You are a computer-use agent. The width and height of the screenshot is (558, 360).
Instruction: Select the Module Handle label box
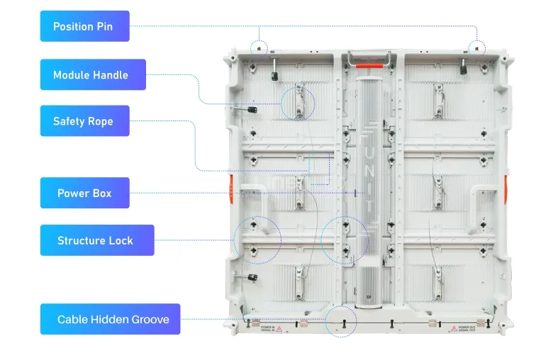pos(92,74)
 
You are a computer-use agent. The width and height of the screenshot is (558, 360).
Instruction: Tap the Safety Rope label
pos(84,121)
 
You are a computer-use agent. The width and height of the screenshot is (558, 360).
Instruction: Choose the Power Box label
pos(84,193)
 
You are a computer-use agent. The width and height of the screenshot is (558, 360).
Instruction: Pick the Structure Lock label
pos(96,240)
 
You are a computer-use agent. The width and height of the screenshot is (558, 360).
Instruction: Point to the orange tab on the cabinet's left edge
pos(229,189)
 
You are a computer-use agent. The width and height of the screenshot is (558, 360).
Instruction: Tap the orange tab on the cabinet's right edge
pos(506,189)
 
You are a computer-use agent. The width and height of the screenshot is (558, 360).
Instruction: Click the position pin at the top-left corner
pos(260,49)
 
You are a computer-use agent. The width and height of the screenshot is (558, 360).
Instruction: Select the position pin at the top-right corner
pos(476,49)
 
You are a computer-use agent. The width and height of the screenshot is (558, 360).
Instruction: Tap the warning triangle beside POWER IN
pos(279,329)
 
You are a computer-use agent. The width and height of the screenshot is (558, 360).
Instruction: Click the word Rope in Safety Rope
pos(99,121)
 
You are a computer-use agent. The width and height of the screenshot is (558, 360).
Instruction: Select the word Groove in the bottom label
pos(150,320)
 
